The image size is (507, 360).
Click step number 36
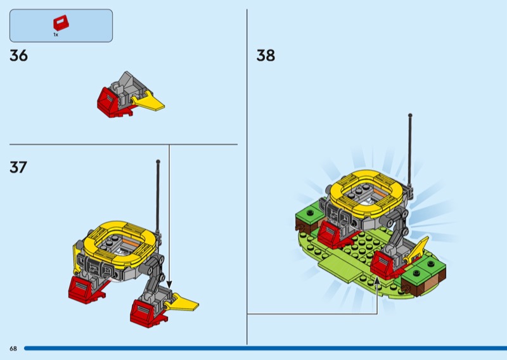tap(19, 56)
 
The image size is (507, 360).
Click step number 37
tap(19, 167)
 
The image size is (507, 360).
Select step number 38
tap(266, 56)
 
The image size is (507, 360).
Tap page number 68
tap(13, 349)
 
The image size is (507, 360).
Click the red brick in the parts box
tap(61, 23)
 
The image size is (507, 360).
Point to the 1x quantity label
tap(56, 35)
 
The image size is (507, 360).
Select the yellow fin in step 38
tap(419, 251)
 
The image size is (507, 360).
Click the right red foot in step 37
tap(143, 312)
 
